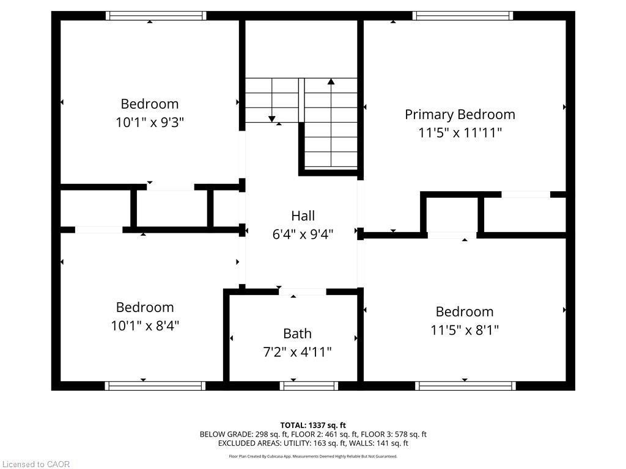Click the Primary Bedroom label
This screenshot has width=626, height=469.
pyautogui.click(x=460, y=114)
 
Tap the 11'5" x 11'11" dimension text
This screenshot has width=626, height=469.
pyautogui.click(x=460, y=133)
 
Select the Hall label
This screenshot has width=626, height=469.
pyautogui.click(x=303, y=216)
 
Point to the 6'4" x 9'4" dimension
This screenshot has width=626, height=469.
pyautogui.click(x=303, y=233)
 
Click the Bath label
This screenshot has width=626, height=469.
pyautogui.click(x=297, y=333)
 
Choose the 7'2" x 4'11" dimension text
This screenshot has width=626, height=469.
pyautogui.click(x=297, y=352)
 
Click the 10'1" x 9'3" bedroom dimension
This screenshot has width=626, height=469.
pyautogui.click(x=149, y=122)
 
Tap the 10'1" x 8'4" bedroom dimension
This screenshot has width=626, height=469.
pyautogui.click(x=145, y=325)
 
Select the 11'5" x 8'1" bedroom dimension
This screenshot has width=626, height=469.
pyautogui.click(x=464, y=330)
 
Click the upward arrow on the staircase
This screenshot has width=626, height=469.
pyautogui.click(x=331, y=81)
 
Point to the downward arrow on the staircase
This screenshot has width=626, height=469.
pyautogui.click(x=272, y=118)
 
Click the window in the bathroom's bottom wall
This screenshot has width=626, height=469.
pyautogui.click(x=309, y=385)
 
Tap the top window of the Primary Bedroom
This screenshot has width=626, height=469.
pyautogui.click(x=463, y=16)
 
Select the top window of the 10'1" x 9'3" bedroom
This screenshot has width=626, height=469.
pyautogui.click(x=155, y=16)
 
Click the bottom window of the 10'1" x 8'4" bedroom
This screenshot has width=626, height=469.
pyautogui.click(x=155, y=385)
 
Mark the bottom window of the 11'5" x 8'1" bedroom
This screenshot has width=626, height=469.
pyautogui.click(x=465, y=385)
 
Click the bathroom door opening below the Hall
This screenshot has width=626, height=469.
pyautogui.click(x=303, y=292)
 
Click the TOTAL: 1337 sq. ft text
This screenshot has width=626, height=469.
pyautogui.click(x=313, y=425)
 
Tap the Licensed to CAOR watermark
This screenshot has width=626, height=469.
pyautogui.click(x=35, y=464)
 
